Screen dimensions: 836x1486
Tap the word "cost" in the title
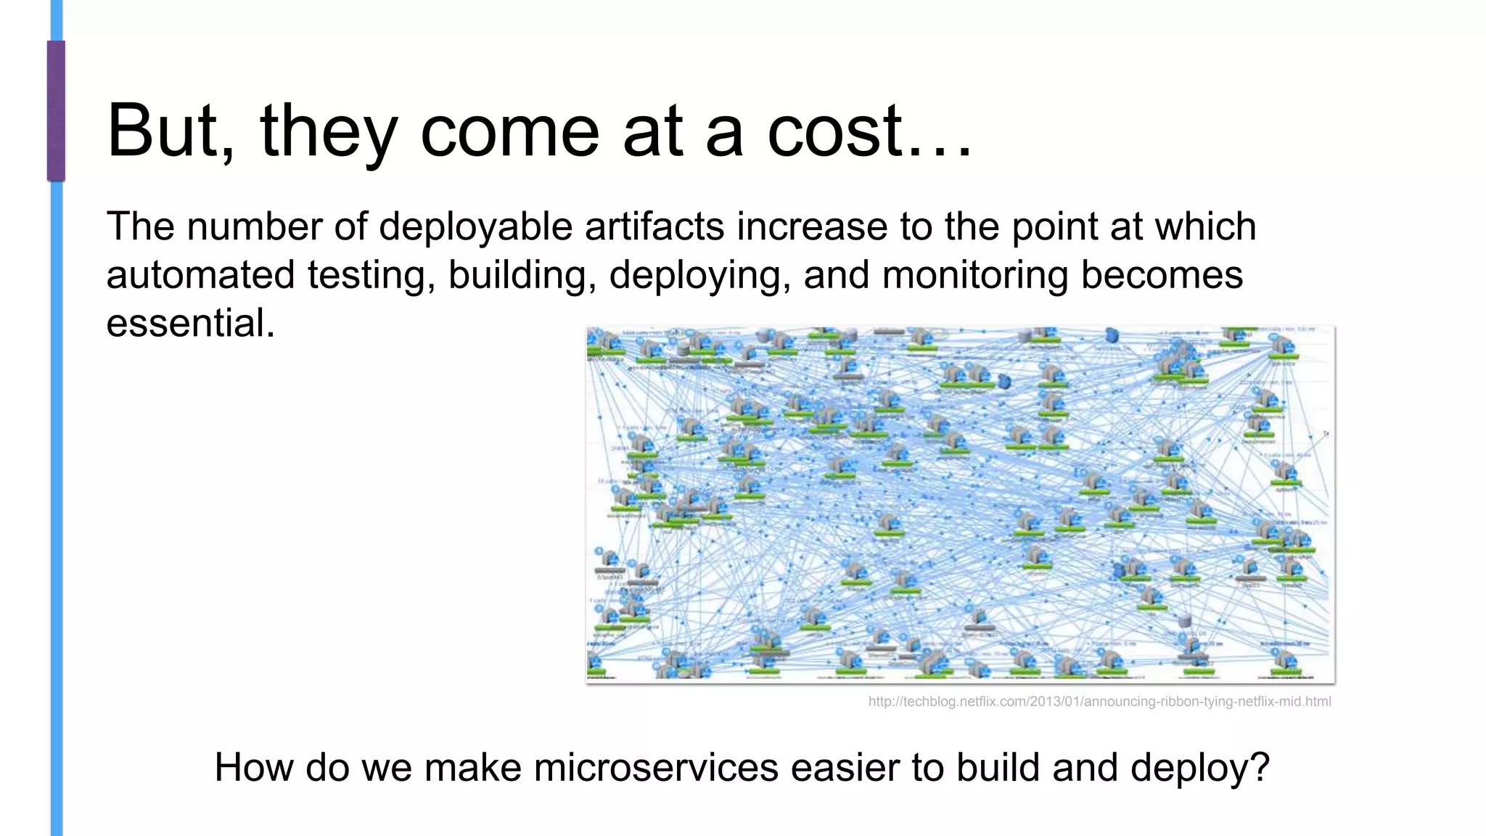pyautogui.click(x=834, y=131)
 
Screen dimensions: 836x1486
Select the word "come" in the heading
pyautogui.click(x=509, y=131)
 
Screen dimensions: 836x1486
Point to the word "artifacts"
pyautogui.click(x=654, y=227)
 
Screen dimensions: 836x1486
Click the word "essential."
pyautogui.click(x=191, y=323)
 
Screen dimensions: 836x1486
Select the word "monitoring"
pyautogui.click(x=974, y=276)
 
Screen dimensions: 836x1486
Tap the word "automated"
pyautogui.click(x=200, y=276)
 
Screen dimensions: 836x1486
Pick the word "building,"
pyautogui.click(x=522, y=276)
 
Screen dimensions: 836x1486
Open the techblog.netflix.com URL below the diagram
pyautogui.click(x=1099, y=702)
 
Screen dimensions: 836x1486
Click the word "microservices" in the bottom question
pyautogui.click(x=656, y=768)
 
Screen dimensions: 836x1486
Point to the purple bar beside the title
pyautogui.click(x=56, y=110)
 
